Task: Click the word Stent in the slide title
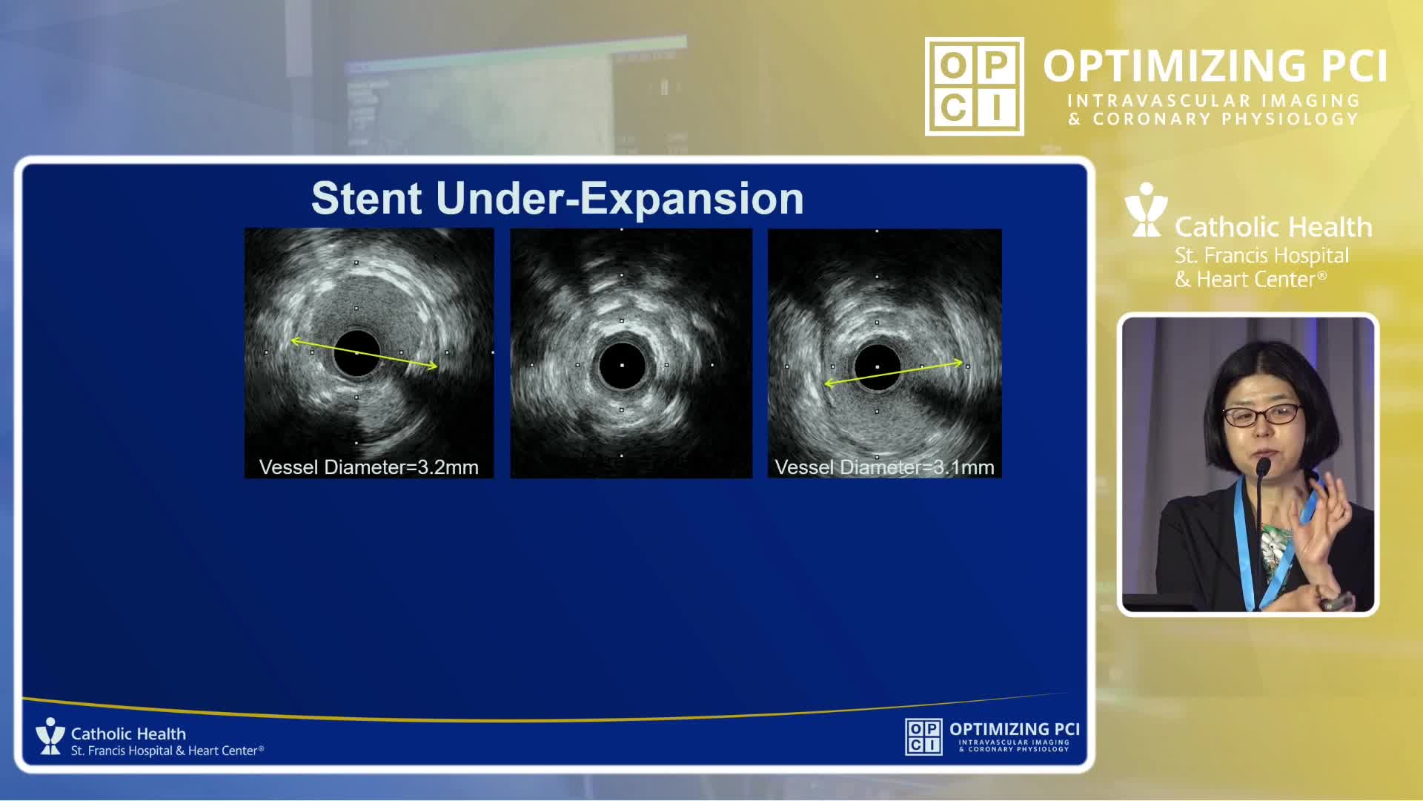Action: [x=367, y=198]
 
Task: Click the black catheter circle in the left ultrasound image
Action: [x=356, y=354]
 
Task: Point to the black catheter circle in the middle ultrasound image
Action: [x=622, y=366]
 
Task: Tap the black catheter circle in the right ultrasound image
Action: [x=878, y=367]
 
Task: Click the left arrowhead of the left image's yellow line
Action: [x=295, y=341]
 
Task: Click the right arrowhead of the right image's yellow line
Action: [x=958, y=363]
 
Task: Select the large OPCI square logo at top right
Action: [x=975, y=86]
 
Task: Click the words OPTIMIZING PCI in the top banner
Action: [x=1215, y=66]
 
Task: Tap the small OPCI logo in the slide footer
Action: [x=923, y=736]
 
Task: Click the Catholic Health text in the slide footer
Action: [x=128, y=734]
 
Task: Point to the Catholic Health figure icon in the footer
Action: [x=50, y=736]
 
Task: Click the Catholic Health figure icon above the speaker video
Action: [x=1146, y=210]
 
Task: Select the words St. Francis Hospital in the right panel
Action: [x=1261, y=256]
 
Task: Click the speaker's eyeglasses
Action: [x=1261, y=414]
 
